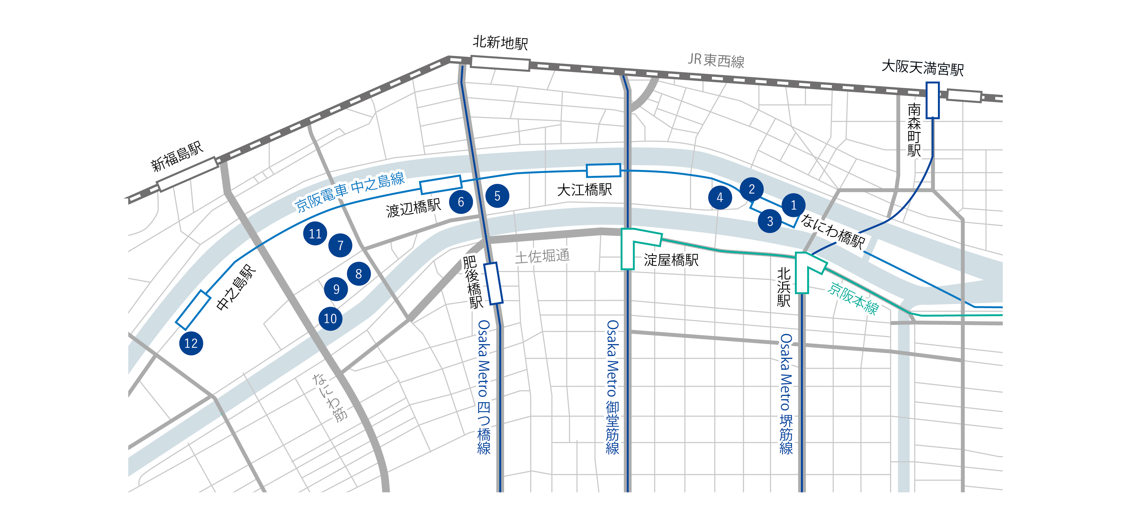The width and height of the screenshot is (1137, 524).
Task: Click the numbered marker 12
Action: coord(191,343)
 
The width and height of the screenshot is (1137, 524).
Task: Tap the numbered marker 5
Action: coord(497,196)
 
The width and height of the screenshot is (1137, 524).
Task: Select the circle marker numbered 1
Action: coord(793,205)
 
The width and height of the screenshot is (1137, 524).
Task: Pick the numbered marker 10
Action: coord(330,318)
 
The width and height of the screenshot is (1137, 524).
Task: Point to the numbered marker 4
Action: coord(720,197)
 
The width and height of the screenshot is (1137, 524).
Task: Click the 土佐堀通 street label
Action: coord(543,256)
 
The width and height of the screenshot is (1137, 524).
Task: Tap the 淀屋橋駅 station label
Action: coord(671,260)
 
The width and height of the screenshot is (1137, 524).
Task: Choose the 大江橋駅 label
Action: coord(584,190)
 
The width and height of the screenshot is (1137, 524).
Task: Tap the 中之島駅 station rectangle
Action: coord(193,310)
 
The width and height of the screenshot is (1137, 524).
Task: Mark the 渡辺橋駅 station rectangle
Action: coord(441,185)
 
